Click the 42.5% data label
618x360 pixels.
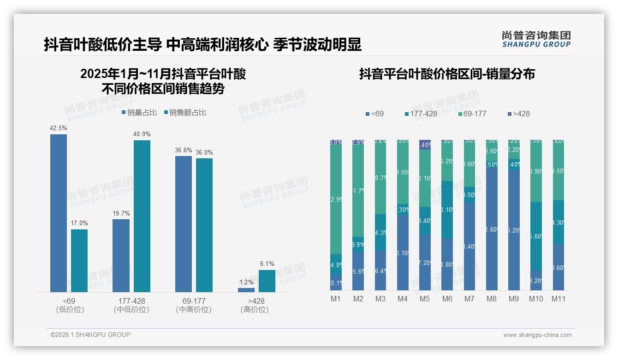[x=59, y=128]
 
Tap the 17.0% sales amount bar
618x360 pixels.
[x=79, y=260]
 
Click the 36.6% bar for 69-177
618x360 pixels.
[x=184, y=224]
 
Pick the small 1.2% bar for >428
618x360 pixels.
[x=246, y=290]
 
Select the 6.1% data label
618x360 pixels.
[x=267, y=264]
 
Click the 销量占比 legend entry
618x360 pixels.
[x=139, y=113]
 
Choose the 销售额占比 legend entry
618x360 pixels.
[x=185, y=113]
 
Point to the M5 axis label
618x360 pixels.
[x=425, y=299]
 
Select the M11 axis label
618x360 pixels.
[x=559, y=299]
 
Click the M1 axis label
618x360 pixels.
[x=336, y=299]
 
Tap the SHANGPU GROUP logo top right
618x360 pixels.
[x=536, y=39]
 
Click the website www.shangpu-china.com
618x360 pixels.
[x=537, y=335]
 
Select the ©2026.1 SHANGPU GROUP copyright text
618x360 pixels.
[x=90, y=335]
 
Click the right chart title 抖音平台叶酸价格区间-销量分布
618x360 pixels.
[x=447, y=74]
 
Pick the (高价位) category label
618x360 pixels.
[x=254, y=310]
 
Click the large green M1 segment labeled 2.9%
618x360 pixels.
[x=336, y=199]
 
